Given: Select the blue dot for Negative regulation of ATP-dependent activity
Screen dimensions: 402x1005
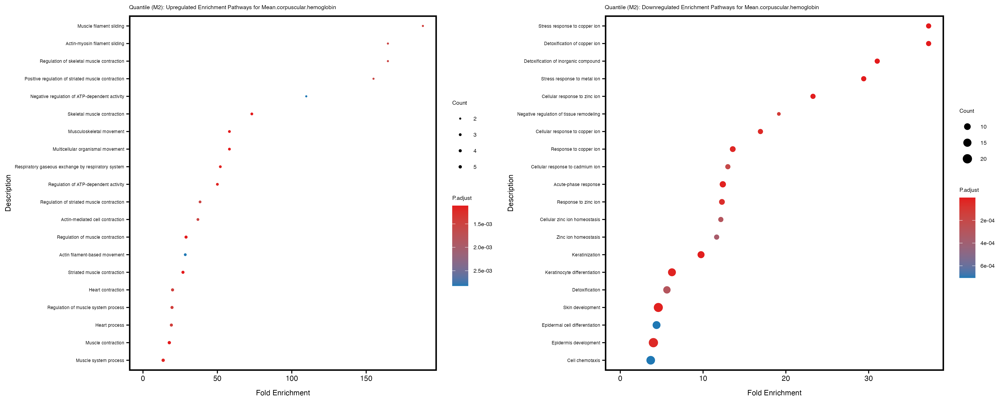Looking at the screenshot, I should coord(306,96).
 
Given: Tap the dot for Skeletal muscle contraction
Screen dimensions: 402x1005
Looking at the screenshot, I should coord(252,114).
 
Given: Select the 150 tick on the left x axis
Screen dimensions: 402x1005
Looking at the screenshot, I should coord(366,378).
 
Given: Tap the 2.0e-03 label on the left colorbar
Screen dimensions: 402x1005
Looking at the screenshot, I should coord(483,247).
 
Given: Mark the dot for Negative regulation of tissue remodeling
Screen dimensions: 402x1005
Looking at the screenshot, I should coord(779,114).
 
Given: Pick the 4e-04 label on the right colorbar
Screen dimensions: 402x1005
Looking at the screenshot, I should coord(987,243).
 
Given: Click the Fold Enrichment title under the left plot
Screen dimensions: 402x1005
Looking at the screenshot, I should coord(283,393).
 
